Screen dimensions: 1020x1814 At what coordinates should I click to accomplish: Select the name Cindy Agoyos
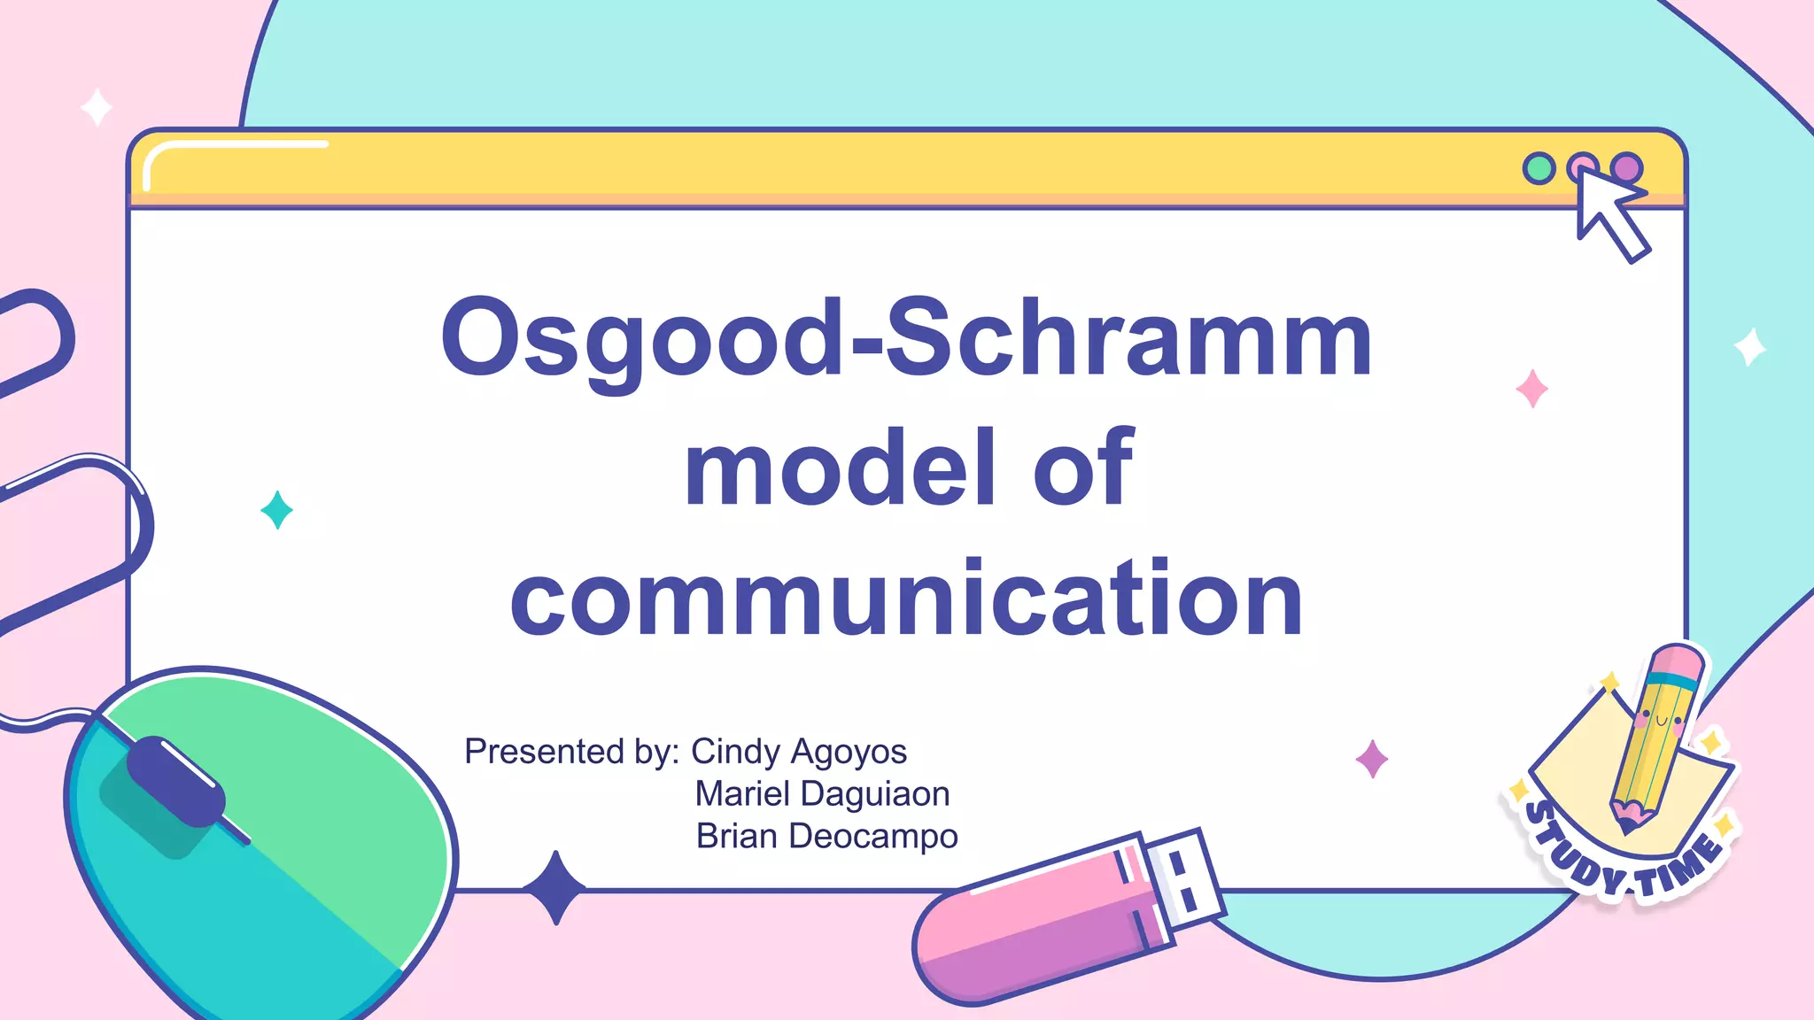(798, 752)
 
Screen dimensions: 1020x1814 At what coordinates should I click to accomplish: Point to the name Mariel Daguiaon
(822, 794)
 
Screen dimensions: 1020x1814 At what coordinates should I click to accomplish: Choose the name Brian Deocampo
(826, 837)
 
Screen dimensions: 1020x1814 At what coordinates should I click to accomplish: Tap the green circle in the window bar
(1539, 168)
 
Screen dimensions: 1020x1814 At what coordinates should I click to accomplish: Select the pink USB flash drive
(1036, 930)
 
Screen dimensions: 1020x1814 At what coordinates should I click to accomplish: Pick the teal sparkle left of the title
(277, 510)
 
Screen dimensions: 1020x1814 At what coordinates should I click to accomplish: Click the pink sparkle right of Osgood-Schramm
(1531, 389)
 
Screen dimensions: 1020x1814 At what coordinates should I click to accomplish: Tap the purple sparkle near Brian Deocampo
(1372, 759)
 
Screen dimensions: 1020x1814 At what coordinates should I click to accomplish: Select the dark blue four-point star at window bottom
(555, 887)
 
